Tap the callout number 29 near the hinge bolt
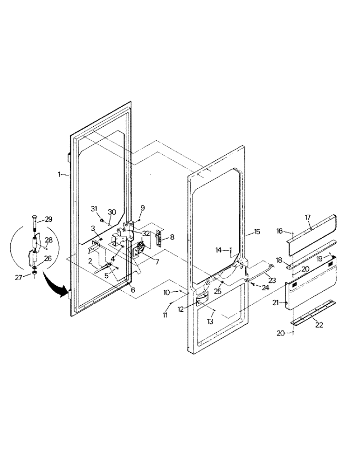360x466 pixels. click(x=48, y=219)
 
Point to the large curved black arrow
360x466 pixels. click(x=55, y=286)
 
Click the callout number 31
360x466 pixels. click(x=94, y=208)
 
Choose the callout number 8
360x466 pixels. click(x=173, y=237)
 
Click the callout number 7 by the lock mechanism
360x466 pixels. click(x=157, y=262)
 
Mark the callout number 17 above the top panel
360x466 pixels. click(x=308, y=217)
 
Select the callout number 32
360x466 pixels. click(x=146, y=233)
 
